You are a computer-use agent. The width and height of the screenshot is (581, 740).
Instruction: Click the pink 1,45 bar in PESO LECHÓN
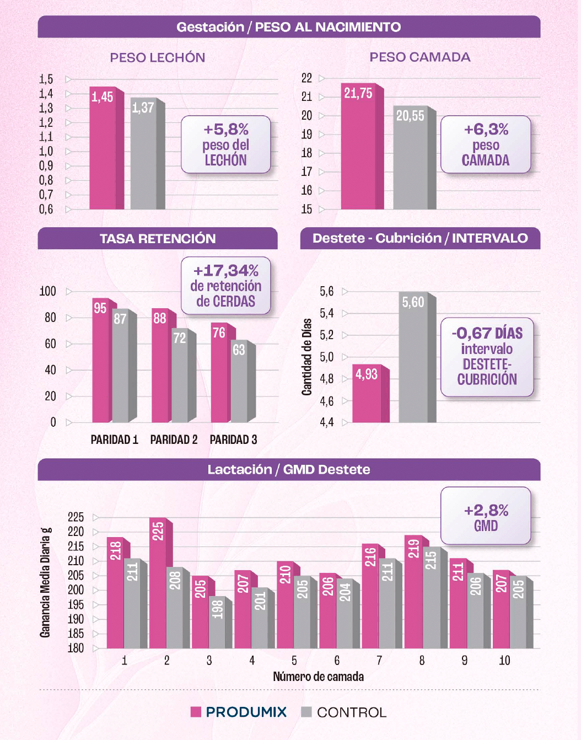click(106, 148)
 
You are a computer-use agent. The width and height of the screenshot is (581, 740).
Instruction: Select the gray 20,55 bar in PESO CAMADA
click(414, 157)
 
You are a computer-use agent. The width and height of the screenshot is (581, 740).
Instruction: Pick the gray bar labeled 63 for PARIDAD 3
click(243, 381)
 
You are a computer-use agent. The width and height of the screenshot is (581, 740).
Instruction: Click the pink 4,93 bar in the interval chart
click(370, 393)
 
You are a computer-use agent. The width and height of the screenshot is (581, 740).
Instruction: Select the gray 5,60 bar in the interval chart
click(417, 357)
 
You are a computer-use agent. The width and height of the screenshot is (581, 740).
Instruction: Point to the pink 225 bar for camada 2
click(161, 583)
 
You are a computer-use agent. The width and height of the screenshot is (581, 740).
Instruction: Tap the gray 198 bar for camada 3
click(220, 622)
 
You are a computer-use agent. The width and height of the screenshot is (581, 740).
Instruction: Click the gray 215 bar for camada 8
click(435, 597)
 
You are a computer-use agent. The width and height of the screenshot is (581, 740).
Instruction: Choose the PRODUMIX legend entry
click(239, 712)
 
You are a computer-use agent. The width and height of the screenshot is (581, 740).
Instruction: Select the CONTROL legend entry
click(344, 712)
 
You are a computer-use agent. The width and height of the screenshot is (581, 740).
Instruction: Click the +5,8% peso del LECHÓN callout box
click(225, 144)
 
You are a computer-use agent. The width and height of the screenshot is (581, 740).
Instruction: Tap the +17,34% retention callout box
click(225, 286)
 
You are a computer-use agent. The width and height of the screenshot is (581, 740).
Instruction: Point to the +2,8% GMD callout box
click(486, 516)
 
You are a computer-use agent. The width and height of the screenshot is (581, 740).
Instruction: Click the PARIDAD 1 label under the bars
click(114, 439)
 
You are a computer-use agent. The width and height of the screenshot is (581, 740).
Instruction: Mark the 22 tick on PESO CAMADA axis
click(306, 78)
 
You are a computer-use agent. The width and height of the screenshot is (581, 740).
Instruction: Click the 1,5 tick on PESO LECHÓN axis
click(46, 79)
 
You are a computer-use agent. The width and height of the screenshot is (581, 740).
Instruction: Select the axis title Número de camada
click(318, 677)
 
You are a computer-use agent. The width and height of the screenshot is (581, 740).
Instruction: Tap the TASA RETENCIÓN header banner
click(158, 238)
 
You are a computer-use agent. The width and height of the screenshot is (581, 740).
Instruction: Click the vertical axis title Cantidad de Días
click(307, 357)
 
